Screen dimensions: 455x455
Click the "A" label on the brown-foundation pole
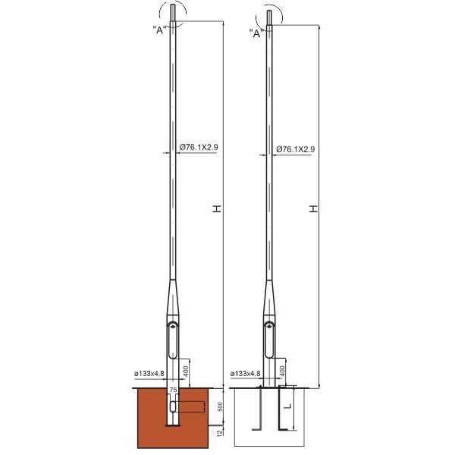pos(160,30)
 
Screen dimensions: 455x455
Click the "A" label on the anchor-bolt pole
pos(256,33)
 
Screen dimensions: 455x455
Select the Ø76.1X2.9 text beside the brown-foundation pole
pos(199,147)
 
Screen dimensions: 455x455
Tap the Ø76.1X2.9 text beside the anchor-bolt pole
pos(296,149)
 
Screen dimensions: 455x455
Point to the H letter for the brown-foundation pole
pos(217,209)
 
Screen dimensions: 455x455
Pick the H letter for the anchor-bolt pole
pos(313,209)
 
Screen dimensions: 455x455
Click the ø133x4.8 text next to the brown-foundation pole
pos(149,373)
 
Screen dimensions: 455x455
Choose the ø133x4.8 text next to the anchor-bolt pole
pos(245,373)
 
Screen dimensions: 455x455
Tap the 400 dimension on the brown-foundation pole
pos(186,372)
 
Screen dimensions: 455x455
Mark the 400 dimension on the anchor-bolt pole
pos(282,372)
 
